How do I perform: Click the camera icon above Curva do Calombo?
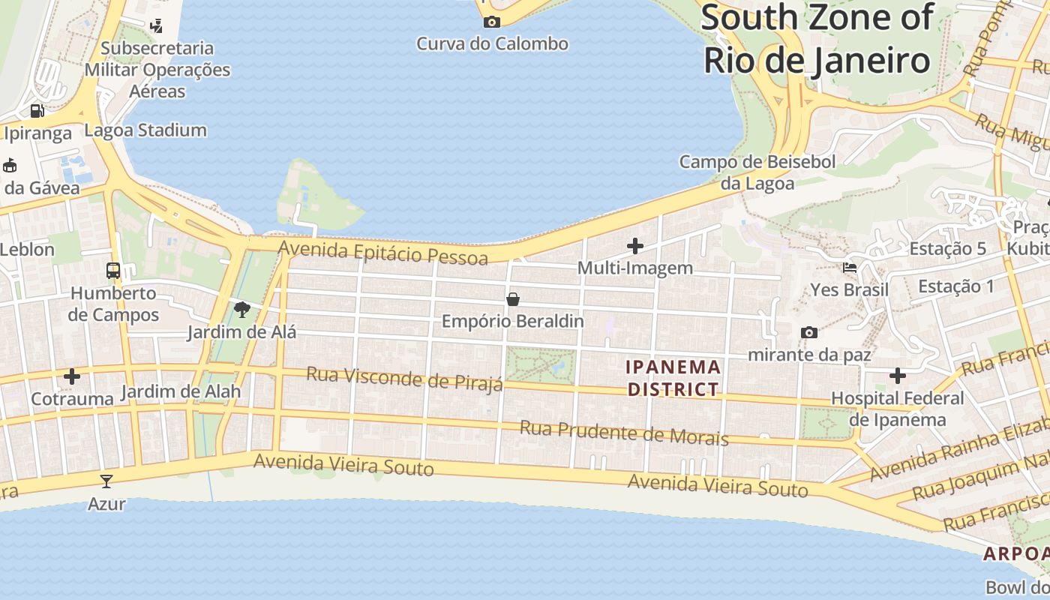click(x=491, y=22)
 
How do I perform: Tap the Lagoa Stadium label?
click(x=145, y=130)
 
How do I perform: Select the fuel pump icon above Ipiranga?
click(x=37, y=111)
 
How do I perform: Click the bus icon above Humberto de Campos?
click(x=113, y=271)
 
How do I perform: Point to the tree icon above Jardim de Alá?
click(x=241, y=309)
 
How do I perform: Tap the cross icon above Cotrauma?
click(x=72, y=376)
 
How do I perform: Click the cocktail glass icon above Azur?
click(x=106, y=481)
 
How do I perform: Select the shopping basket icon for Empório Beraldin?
click(x=513, y=299)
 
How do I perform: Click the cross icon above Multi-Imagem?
click(x=635, y=245)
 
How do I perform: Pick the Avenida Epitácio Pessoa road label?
click(x=382, y=252)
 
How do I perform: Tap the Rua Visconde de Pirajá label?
click(x=404, y=379)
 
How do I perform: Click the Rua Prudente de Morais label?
click(x=624, y=433)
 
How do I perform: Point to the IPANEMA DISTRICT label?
click(x=673, y=378)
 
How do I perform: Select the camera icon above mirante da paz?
click(x=808, y=332)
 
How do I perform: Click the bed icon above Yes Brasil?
click(x=849, y=268)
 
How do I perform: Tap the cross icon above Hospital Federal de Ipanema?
click(x=898, y=375)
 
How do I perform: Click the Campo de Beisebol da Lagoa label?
click(x=757, y=172)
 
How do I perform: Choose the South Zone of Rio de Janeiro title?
click(x=817, y=39)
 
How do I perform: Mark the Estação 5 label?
click(x=947, y=249)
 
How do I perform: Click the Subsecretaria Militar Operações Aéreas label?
click(x=157, y=70)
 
